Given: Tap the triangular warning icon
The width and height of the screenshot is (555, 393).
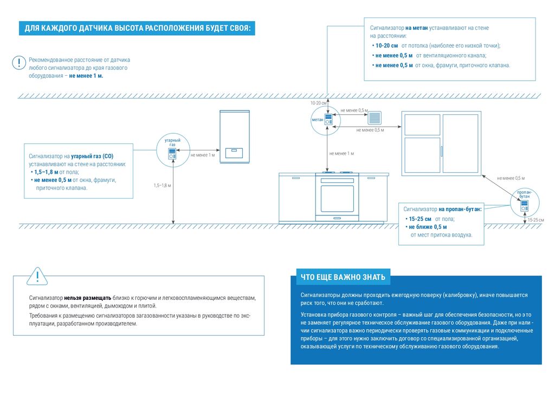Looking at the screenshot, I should (37, 277).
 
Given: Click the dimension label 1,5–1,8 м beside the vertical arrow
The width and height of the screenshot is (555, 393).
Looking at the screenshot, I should (162, 186).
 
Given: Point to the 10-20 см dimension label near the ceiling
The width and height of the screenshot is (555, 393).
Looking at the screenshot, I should (319, 102).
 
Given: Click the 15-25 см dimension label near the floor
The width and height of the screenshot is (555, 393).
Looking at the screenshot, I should (536, 220).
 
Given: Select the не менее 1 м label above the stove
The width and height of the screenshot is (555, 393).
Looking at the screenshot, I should (342, 154).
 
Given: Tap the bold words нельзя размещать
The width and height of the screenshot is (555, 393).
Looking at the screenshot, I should (88, 298).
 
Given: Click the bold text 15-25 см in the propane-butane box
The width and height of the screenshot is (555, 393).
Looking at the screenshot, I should (421, 218).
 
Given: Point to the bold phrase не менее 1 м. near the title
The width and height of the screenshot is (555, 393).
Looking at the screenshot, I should (86, 76).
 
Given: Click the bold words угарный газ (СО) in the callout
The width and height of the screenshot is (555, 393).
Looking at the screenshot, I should (92, 155).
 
